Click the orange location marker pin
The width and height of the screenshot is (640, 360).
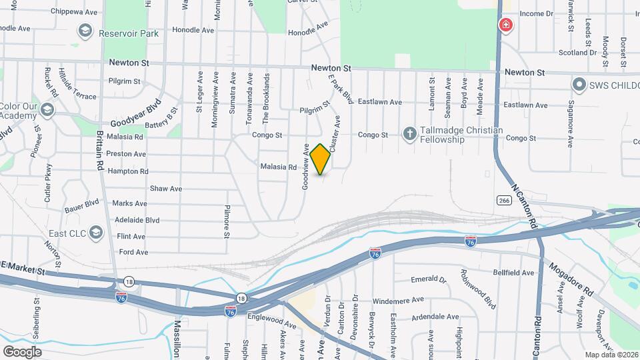pos(321,159)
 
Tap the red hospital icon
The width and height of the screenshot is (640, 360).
pos(507,26)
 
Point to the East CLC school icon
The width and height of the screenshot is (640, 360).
pos(96,233)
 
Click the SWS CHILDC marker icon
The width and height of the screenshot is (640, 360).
pos(579,85)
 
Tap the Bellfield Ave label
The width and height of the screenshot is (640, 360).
pos(513,273)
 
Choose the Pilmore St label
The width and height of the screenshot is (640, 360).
pos(227,221)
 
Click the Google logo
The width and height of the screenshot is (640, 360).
pos(22,351)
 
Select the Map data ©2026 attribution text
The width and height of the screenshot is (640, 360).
pos(611,355)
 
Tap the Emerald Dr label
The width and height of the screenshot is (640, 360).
pos(427,279)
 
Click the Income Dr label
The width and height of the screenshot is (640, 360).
pos(537,13)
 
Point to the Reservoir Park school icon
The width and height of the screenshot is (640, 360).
pos(85,31)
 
